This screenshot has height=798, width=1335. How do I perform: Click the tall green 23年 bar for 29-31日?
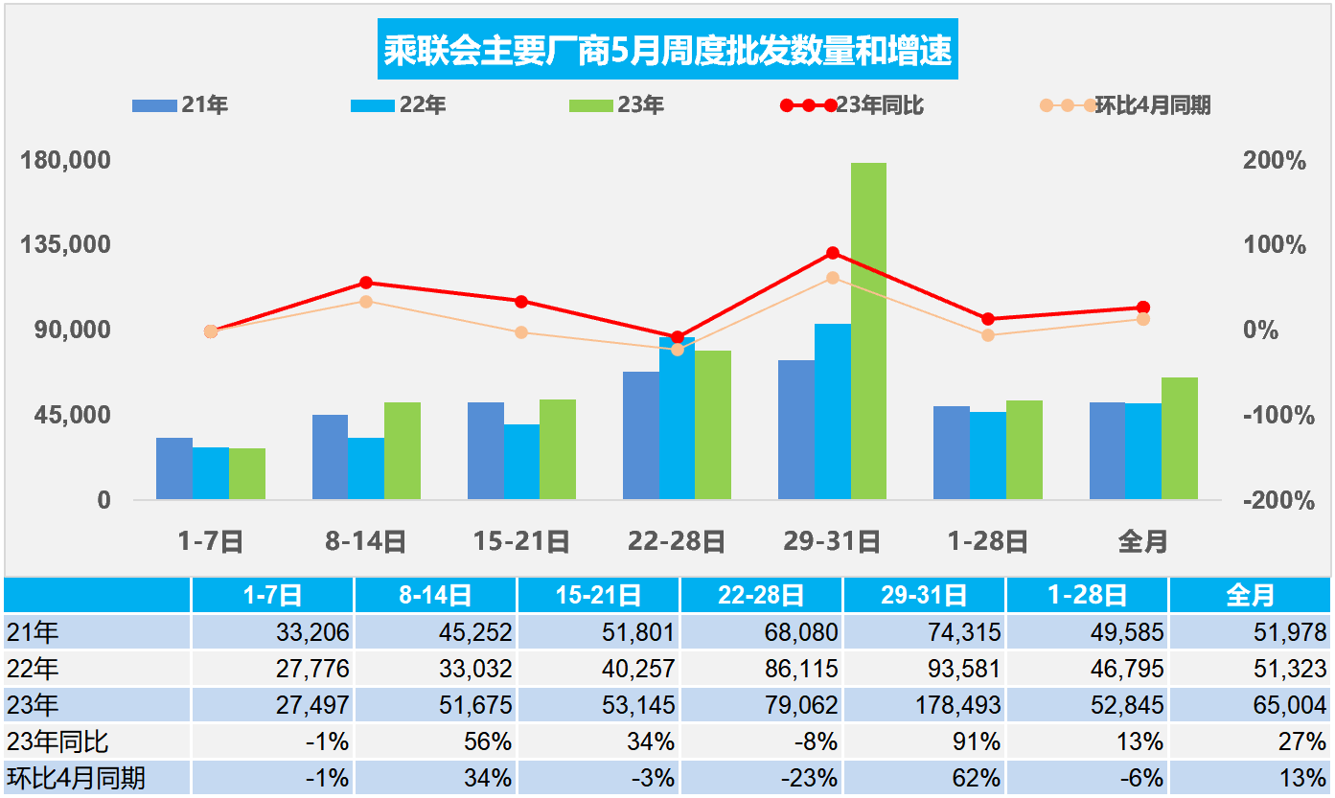(x=868, y=331)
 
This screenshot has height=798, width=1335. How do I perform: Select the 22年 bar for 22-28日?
(x=677, y=419)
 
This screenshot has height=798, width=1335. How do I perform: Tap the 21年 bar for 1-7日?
(x=174, y=468)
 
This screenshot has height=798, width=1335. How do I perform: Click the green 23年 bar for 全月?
(x=1179, y=438)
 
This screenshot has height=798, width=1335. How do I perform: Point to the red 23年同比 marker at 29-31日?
(x=833, y=253)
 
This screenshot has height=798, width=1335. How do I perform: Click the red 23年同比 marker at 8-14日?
(x=366, y=283)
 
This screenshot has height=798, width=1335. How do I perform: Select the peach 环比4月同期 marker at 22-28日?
(x=678, y=350)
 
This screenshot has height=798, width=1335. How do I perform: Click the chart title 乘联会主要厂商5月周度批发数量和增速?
(x=668, y=50)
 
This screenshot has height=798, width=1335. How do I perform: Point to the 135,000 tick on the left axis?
(x=66, y=244)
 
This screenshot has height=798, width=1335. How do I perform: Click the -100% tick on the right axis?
(x=1274, y=416)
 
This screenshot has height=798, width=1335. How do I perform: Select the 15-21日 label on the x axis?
(x=521, y=542)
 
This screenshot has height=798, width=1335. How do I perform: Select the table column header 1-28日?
(x=1087, y=596)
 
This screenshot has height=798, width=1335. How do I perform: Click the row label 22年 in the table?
(x=34, y=669)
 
